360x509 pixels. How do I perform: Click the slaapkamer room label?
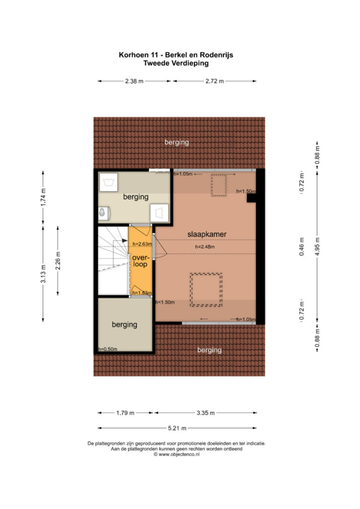coord(207,234)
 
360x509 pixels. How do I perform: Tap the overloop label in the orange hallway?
coord(141,260)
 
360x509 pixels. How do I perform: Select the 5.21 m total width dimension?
coord(177,428)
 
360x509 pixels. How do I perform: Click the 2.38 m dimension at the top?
coord(134,81)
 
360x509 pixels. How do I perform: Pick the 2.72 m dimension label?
coord(214,81)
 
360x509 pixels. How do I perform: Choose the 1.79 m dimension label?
coord(125,413)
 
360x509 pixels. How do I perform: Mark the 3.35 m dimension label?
coord(205,413)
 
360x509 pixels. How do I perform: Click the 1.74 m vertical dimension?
coord(43,197)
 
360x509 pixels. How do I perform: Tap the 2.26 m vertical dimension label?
coord(58,260)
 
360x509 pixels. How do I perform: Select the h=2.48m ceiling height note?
coord(205,247)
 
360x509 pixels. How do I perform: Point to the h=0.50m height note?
coord(108,349)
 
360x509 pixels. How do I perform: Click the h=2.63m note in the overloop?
coord(142,244)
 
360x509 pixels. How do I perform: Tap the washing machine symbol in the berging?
coord(108,182)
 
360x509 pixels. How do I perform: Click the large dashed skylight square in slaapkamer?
coord(206,290)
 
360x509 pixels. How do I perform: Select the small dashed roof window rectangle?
coord(219,185)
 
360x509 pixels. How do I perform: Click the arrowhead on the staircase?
coord(125,241)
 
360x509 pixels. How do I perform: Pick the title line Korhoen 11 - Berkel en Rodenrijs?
coord(176,55)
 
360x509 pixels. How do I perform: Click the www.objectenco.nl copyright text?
coord(177,454)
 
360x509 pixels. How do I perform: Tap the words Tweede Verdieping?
coord(176,63)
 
